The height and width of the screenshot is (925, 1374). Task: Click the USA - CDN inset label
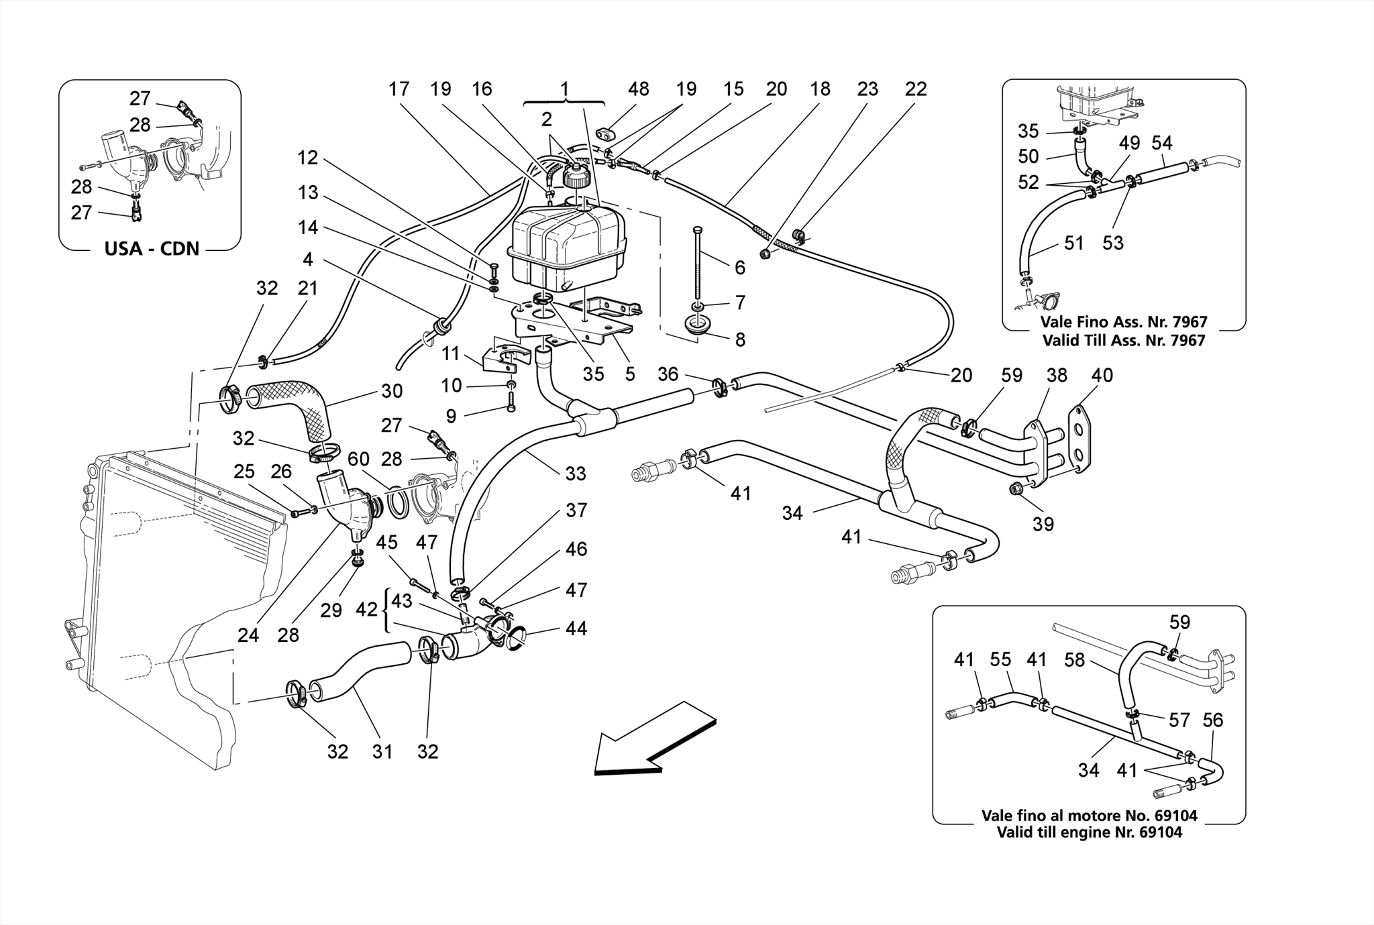coord(152,249)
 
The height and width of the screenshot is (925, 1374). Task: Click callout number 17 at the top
coord(399,89)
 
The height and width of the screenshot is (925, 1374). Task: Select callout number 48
coord(639,89)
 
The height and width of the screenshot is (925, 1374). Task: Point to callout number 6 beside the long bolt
coord(739,268)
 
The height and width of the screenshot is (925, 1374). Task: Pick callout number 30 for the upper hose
coord(392,390)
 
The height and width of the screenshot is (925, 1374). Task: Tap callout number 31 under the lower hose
coord(382,752)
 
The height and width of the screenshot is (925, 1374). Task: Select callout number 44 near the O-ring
coord(576,629)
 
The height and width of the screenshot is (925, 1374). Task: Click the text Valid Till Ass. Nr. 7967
coord(1124,340)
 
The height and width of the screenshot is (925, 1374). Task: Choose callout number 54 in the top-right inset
coord(1161,143)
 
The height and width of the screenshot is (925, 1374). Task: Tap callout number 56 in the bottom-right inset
coord(1212,720)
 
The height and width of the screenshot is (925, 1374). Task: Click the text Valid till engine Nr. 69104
coord(1090,832)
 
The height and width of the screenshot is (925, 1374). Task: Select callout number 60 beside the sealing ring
coord(358,459)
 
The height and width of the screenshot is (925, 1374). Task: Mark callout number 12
coord(307,158)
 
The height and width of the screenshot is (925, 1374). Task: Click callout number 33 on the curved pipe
coord(575,474)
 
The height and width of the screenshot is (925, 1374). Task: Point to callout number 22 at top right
coord(915,89)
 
